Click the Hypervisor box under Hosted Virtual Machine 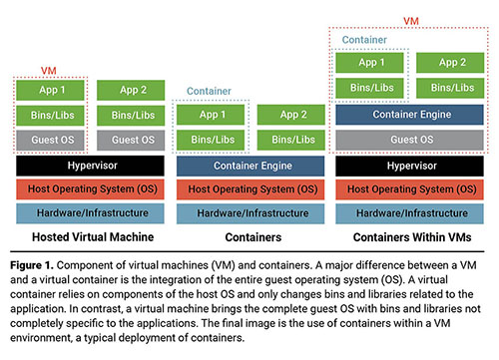click(90, 166)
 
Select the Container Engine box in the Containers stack click(250, 166)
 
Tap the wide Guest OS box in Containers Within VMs click(409, 140)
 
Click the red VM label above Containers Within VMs click(411, 21)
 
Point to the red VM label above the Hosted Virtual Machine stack click(49, 71)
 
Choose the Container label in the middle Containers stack click(209, 91)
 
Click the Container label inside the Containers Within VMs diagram click(364, 40)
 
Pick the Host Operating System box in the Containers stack click(250, 189)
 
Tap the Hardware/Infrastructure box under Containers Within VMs click(409, 213)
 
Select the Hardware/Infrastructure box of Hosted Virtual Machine click(90, 213)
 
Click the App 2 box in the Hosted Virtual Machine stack click(131, 90)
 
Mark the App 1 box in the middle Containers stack click(211, 115)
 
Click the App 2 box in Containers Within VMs click(450, 63)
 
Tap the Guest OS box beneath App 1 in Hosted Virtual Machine click(50, 140)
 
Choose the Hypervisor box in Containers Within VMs click(409, 166)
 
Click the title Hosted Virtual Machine click(93, 237)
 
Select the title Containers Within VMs click(412, 237)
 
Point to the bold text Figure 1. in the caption click(32, 265)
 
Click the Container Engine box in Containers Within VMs click(409, 115)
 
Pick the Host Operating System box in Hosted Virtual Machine click(90, 189)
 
